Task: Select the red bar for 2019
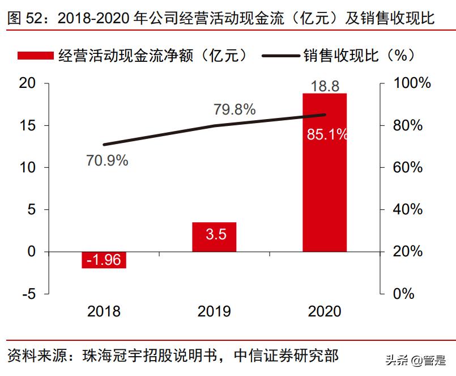(214, 237)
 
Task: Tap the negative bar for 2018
(104, 260)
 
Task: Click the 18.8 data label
(325, 86)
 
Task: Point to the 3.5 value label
(214, 234)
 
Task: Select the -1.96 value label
(104, 260)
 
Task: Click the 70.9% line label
(107, 160)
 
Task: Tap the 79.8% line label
(235, 109)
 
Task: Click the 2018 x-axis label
(104, 311)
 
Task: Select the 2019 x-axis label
(214, 311)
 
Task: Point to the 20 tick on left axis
(27, 83)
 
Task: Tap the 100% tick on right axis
(412, 83)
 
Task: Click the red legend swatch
(36, 55)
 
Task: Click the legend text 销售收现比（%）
(360, 55)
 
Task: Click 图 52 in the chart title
(25, 18)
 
